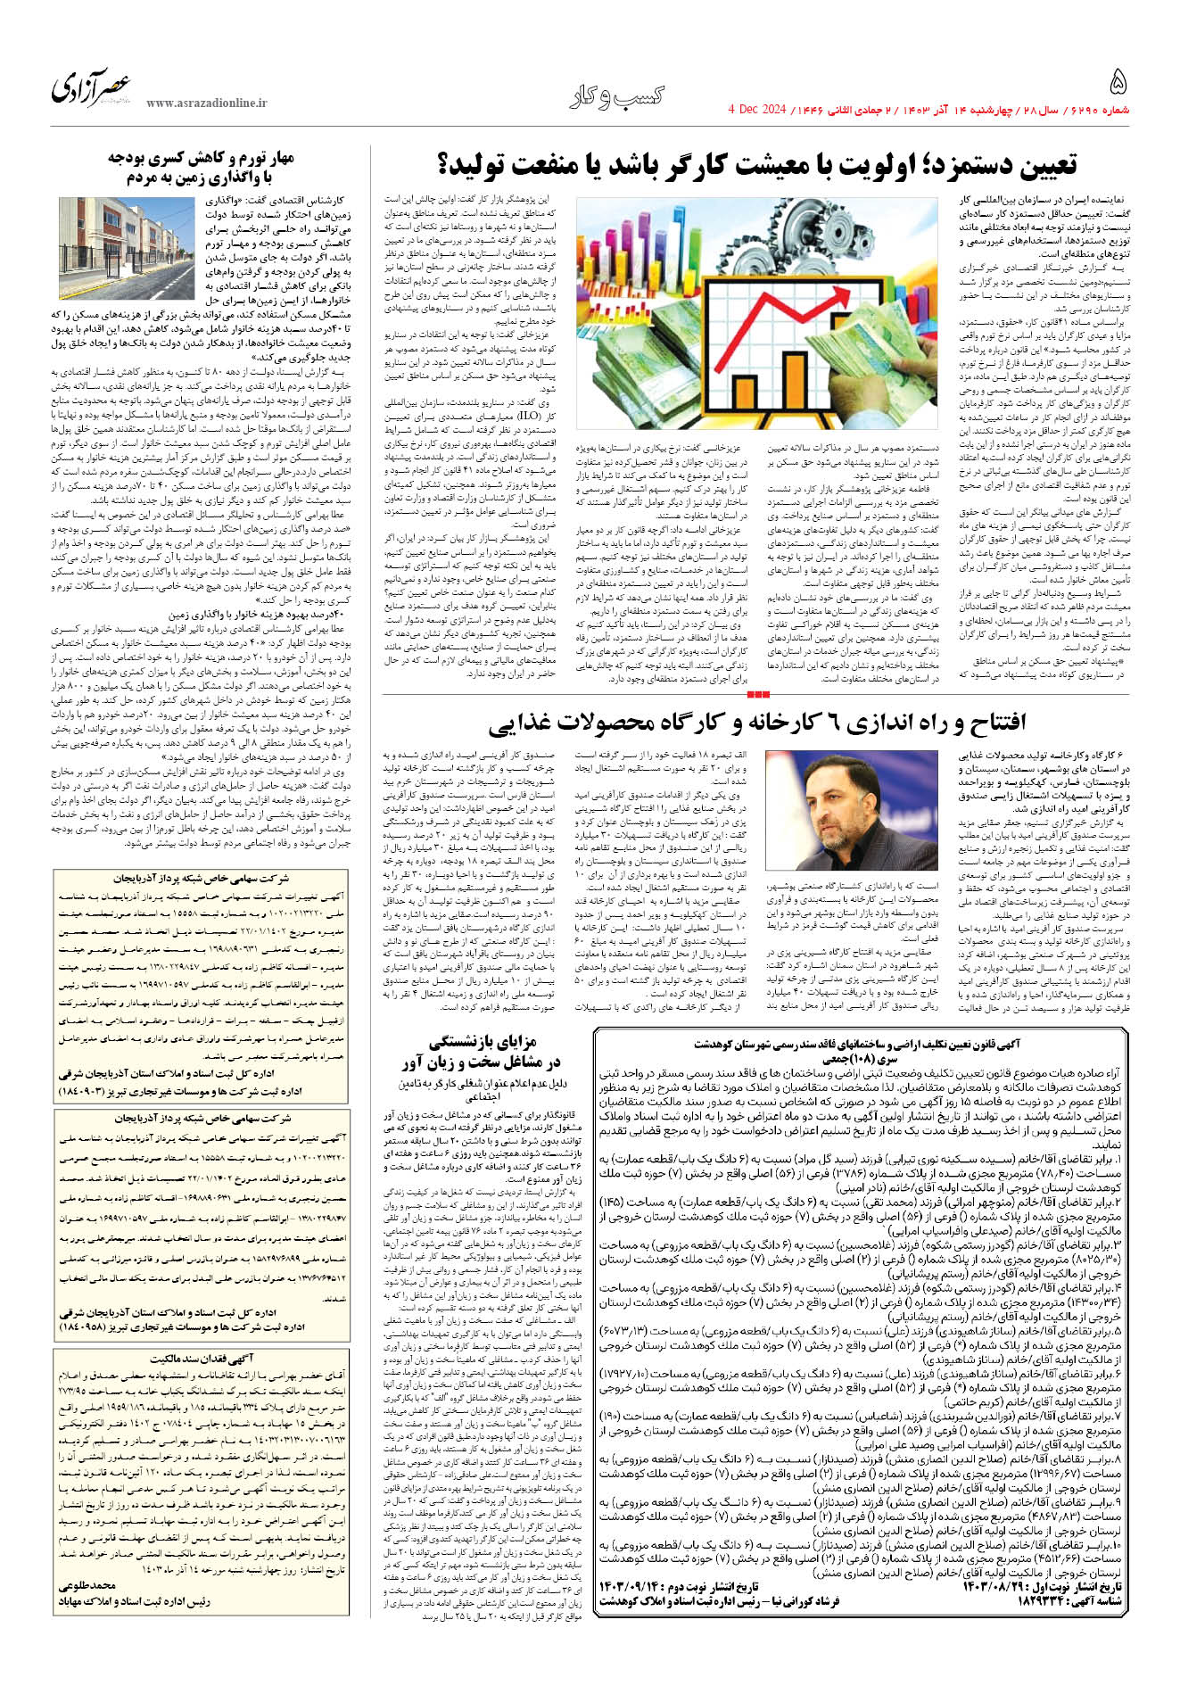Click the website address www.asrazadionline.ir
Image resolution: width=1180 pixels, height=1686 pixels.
tap(207, 103)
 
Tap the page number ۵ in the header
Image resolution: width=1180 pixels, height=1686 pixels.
tap(1118, 84)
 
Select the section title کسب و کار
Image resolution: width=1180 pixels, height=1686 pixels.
tap(617, 97)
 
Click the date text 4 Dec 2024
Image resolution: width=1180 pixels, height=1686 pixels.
tap(758, 110)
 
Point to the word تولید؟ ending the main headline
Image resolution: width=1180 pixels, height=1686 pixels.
tap(481, 165)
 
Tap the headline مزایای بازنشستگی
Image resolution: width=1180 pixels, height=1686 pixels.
tap(483, 1041)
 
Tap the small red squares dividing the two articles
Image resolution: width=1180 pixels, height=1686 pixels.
tap(757, 693)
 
